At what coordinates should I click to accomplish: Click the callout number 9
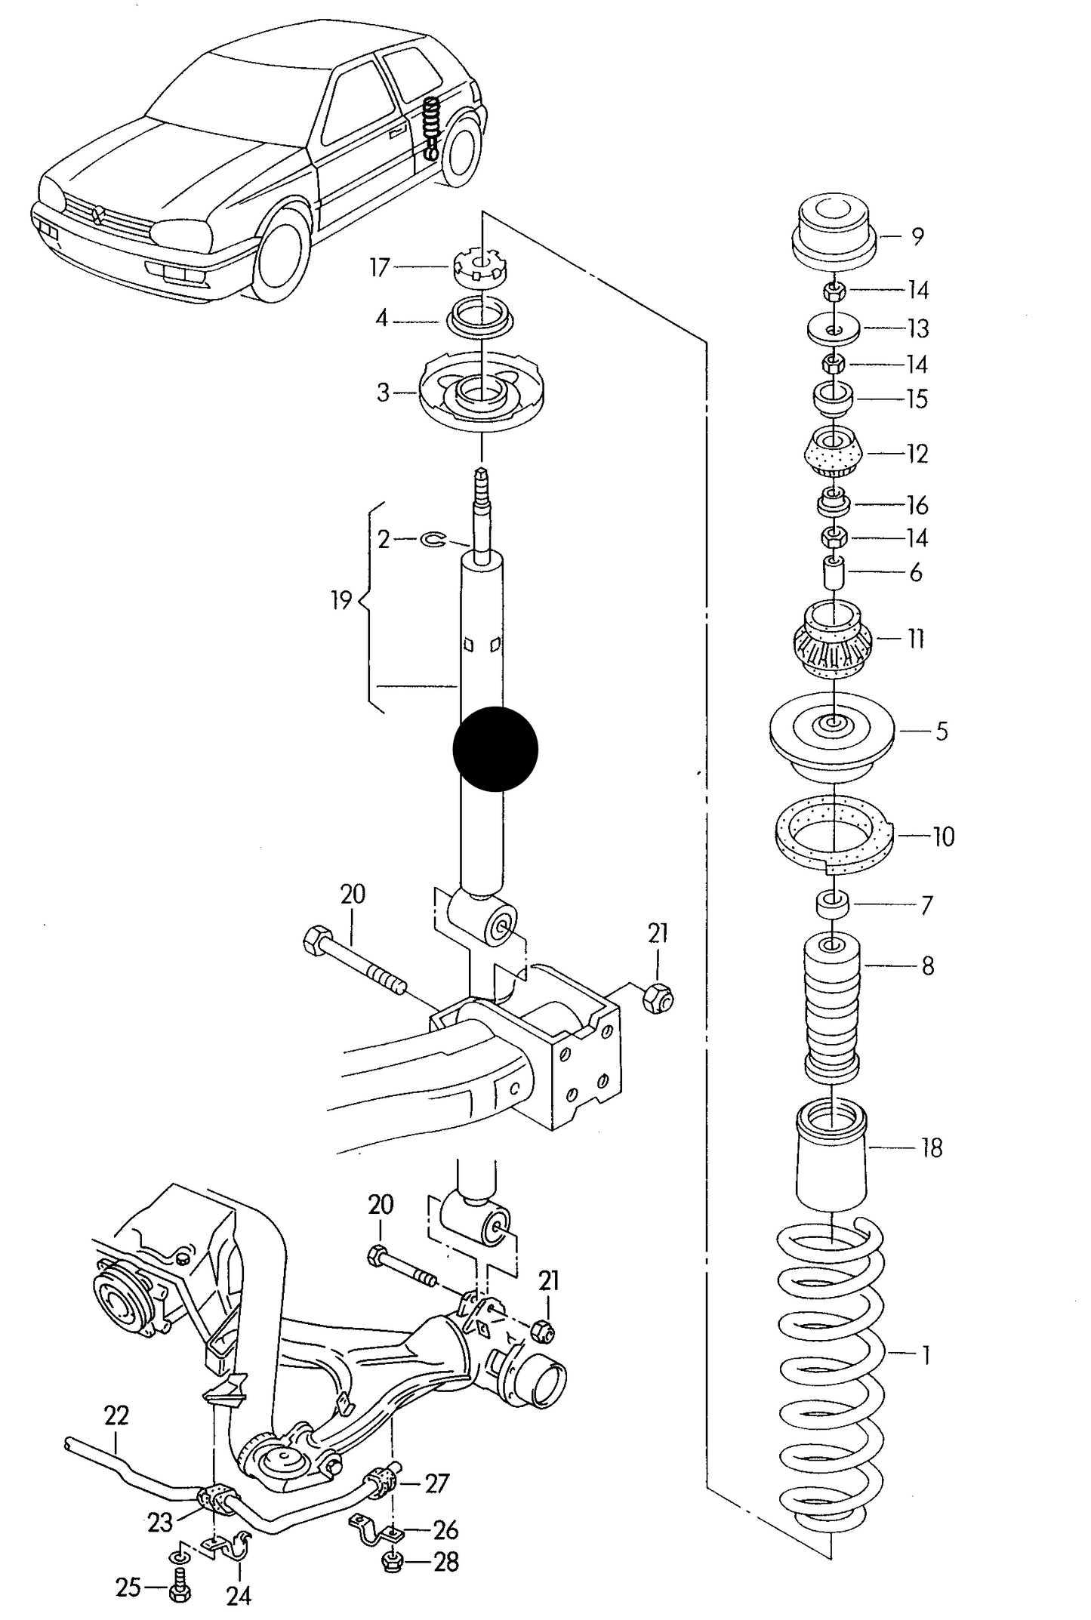click(917, 237)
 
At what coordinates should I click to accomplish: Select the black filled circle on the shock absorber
click(495, 749)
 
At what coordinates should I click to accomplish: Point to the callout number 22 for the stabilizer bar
click(116, 1415)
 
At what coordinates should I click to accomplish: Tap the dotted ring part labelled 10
click(834, 836)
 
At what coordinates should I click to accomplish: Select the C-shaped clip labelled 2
click(433, 539)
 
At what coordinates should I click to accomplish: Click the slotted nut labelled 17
click(481, 269)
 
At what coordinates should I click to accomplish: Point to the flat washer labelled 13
click(833, 328)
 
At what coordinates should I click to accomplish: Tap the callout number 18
click(932, 1148)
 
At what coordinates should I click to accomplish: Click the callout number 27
click(437, 1483)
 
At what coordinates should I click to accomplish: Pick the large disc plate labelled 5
click(832, 737)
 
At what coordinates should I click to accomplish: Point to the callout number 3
click(384, 393)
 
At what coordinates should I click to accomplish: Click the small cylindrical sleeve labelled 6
click(834, 573)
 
